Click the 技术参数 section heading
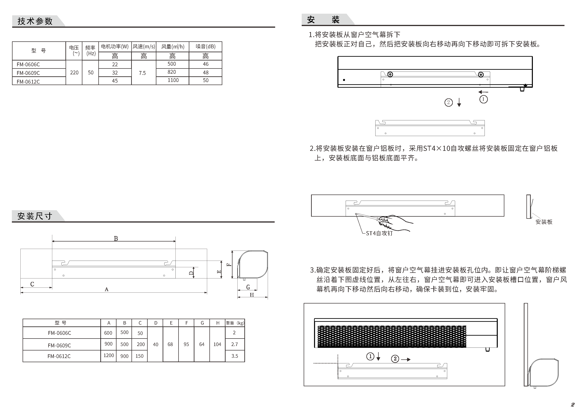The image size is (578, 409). tap(35, 21)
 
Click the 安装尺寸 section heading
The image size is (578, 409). tap(35, 216)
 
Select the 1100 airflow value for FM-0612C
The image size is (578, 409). tap(173, 80)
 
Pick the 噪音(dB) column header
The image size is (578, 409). tap(206, 47)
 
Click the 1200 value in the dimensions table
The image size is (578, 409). tap(109, 355)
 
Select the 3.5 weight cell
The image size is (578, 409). tap(235, 356)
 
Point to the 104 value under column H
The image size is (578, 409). tap(217, 344)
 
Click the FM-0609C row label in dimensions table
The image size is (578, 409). tap(59, 345)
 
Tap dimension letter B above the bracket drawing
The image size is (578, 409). tap(116, 239)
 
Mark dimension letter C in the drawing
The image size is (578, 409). tap(32, 284)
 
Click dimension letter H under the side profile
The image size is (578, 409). tap(252, 295)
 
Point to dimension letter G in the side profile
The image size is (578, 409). tap(248, 287)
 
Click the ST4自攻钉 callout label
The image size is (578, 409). tap(379, 233)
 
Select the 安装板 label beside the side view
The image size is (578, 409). tap(544, 222)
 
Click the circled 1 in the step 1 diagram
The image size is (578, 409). tap(483, 99)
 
